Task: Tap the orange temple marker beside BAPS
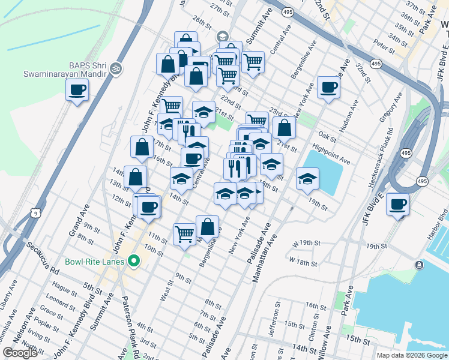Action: click(116, 68)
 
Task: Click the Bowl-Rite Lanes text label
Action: click(95, 262)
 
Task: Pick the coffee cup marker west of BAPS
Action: click(77, 91)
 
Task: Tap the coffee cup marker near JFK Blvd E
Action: click(397, 204)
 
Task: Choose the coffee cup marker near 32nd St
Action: click(328, 88)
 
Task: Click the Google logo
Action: click(20, 353)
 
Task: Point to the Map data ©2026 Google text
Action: click(412, 355)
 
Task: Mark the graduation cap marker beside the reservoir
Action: click(307, 179)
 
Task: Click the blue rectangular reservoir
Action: click(324, 171)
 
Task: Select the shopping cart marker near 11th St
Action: click(184, 233)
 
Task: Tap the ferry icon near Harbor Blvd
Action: click(419, 265)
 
